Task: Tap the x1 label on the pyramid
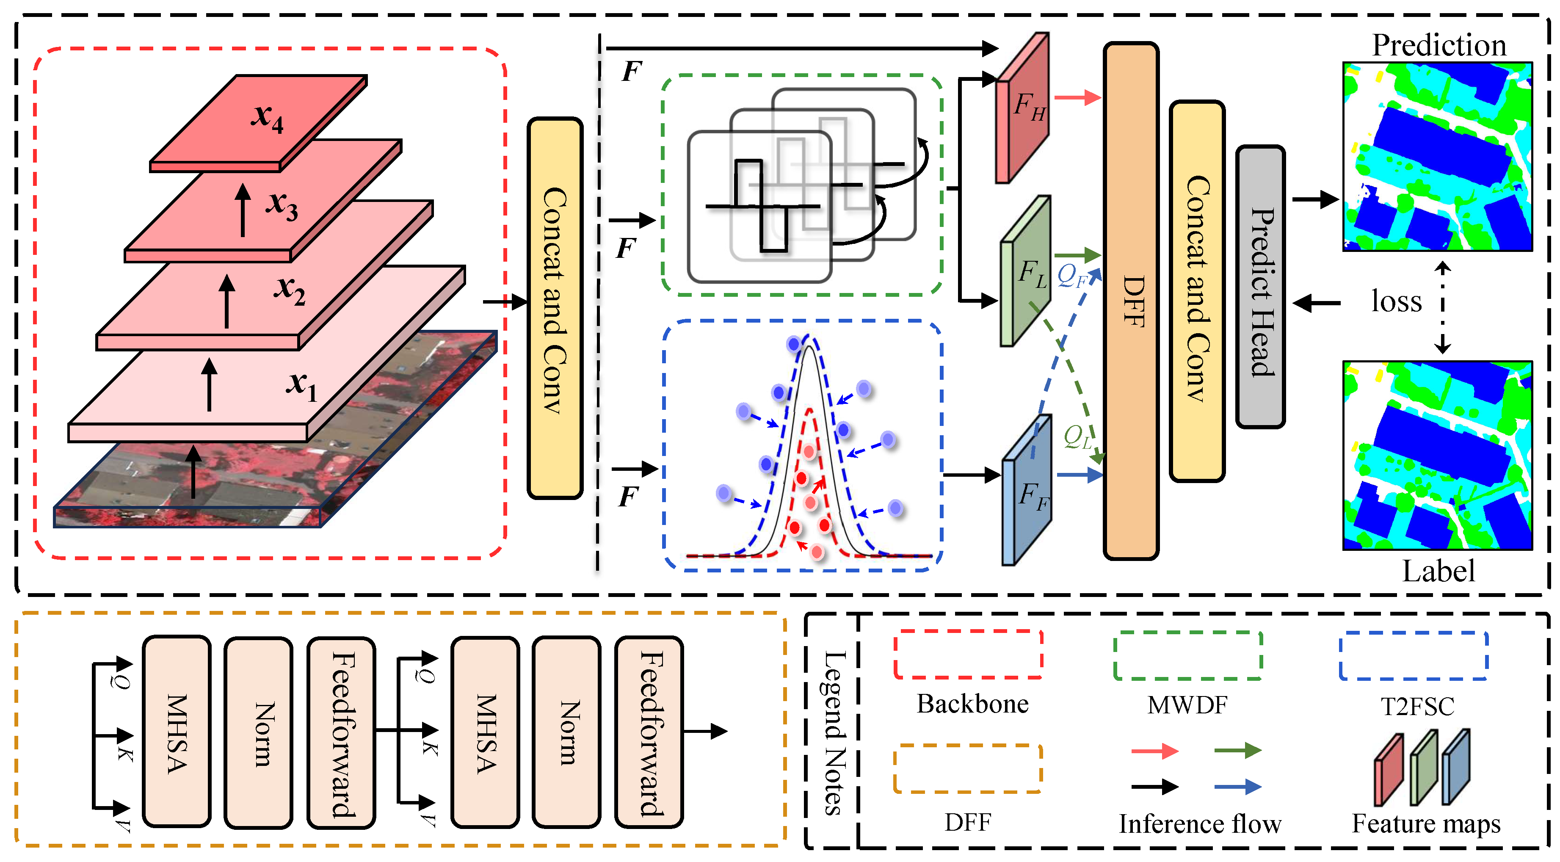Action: tap(301, 385)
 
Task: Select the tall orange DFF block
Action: tap(1131, 301)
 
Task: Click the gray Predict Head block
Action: tap(1260, 287)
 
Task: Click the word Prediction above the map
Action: tap(1438, 45)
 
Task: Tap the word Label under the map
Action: tap(1438, 571)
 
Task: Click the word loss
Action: tap(1396, 301)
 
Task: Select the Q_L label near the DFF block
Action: tap(1078, 436)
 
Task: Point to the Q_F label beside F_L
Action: tap(1072, 276)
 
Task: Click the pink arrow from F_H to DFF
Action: tap(1077, 97)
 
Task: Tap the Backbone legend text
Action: tap(972, 703)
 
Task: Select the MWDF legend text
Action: tap(1187, 705)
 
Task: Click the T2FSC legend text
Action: tap(1417, 706)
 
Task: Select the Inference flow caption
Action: tap(1199, 824)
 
